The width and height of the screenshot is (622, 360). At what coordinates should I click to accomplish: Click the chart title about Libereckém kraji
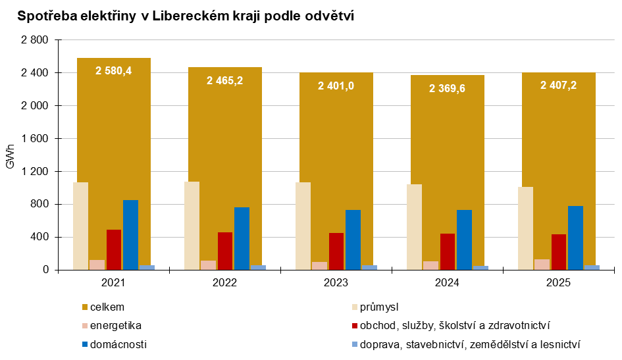(x=186, y=16)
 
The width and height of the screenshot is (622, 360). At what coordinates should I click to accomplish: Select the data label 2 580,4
(x=113, y=71)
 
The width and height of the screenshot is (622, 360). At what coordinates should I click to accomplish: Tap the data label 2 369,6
(x=447, y=88)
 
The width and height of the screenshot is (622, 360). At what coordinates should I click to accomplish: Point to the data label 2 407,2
(x=558, y=85)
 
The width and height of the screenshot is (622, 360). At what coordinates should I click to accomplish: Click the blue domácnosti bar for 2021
(x=130, y=235)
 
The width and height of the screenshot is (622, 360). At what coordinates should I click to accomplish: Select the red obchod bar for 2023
(x=336, y=251)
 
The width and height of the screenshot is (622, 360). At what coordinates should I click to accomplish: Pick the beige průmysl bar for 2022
(x=192, y=226)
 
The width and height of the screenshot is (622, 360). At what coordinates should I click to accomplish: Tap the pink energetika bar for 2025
(x=542, y=265)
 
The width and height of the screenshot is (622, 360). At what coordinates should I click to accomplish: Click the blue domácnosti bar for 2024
(x=464, y=240)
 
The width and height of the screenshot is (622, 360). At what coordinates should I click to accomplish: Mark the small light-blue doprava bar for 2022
(x=258, y=267)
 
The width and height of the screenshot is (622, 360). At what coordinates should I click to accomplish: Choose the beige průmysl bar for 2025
(x=525, y=228)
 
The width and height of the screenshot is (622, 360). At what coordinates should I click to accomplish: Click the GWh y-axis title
(x=10, y=155)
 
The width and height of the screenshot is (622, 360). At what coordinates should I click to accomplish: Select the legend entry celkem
(x=107, y=307)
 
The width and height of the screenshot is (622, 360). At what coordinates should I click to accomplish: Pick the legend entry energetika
(x=115, y=325)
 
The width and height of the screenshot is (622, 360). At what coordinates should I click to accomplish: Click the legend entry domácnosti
(x=118, y=344)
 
